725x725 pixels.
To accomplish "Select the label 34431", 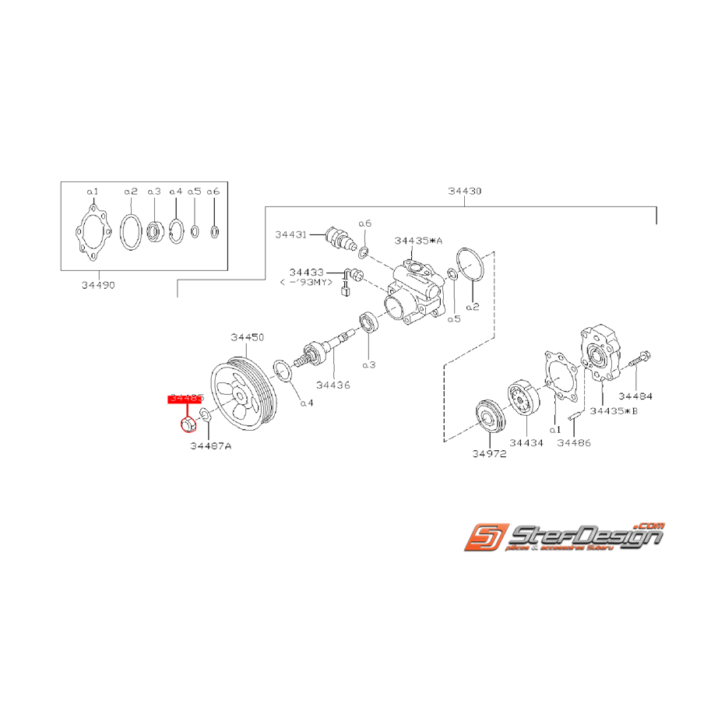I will tap(290, 234).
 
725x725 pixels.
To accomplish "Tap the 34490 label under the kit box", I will tap(97, 285).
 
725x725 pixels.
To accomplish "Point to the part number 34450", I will tap(248, 337).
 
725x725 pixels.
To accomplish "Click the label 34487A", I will tap(210, 446).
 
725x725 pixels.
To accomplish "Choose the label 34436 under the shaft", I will tap(333, 384).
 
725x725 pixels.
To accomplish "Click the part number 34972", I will tap(488, 453).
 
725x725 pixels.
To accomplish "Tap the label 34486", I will tap(574, 442).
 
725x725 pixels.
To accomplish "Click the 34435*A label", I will tap(418, 241).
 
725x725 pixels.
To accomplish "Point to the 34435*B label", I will tap(614, 410).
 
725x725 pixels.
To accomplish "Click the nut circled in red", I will tap(187, 425).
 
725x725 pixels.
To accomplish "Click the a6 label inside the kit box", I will tap(214, 191).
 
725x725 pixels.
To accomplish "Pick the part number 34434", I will tap(523, 442).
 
